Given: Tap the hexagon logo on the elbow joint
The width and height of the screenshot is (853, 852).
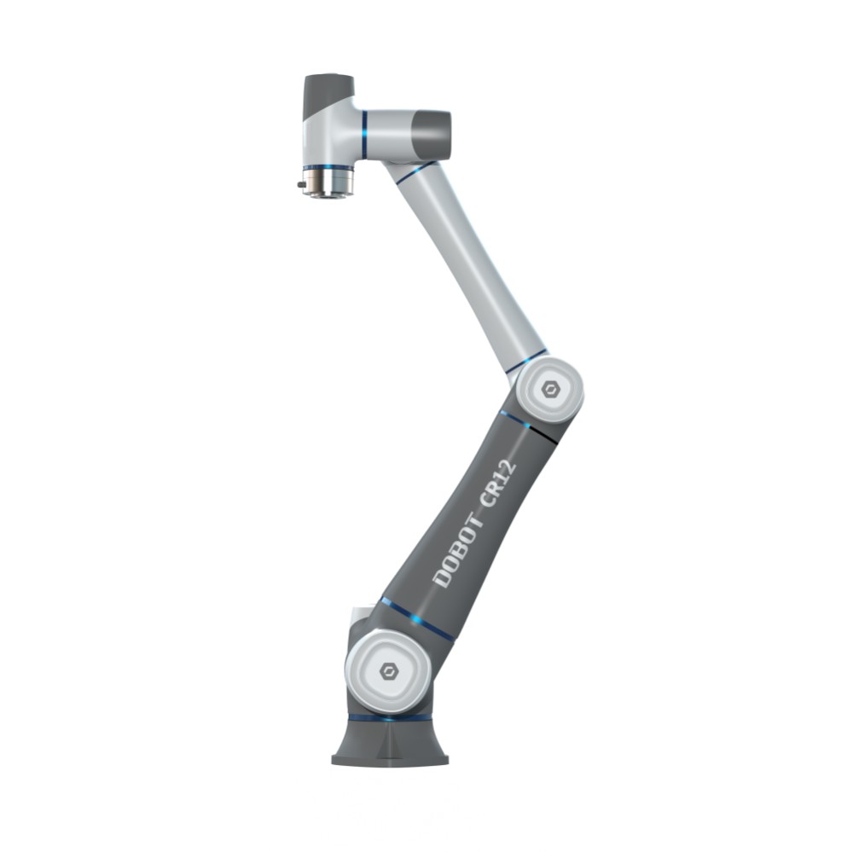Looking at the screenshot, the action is [550, 389].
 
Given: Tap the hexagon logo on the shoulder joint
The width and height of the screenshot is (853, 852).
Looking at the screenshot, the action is [388, 671].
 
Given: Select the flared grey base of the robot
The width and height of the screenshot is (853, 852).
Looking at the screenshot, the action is [390, 742].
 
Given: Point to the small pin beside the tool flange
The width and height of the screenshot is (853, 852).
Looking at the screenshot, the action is [301, 184].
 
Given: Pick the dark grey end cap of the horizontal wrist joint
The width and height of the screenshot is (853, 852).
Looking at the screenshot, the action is [430, 135].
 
